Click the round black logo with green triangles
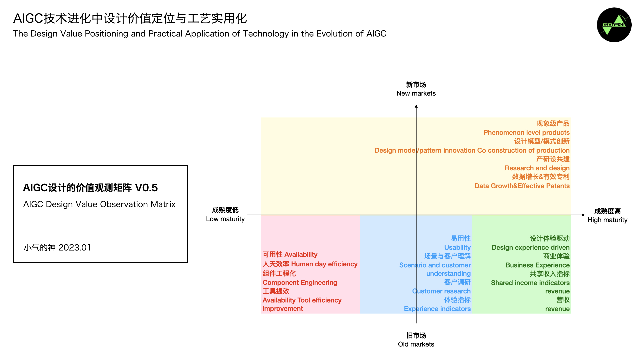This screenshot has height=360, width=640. point(614,25)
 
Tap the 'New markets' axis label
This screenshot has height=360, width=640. point(416,93)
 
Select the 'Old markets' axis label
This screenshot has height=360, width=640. point(416,344)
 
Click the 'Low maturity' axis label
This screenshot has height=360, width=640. point(225,219)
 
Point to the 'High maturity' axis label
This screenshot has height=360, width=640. point(607,220)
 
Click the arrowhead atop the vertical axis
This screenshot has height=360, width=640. point(416,106)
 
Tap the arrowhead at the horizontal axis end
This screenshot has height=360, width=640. point(583,215)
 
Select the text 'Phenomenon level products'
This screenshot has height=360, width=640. point(526,133)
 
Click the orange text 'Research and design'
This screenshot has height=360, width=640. point(537,168)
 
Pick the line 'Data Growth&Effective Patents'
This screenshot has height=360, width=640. point(522,186)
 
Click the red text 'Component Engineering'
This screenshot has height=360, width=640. point(300,283)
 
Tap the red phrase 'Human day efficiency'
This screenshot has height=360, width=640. point(324,264)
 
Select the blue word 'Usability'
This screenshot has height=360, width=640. point(457,248)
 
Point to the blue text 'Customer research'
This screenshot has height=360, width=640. point(441,291)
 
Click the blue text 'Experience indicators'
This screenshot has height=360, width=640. point(437,309)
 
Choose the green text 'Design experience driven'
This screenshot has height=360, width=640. point(530,248)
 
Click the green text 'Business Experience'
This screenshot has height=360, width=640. point(537,265)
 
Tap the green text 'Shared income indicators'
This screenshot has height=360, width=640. point(530,283)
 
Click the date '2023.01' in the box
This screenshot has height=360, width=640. point(75,248)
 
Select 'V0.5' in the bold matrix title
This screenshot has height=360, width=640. point(146,188)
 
